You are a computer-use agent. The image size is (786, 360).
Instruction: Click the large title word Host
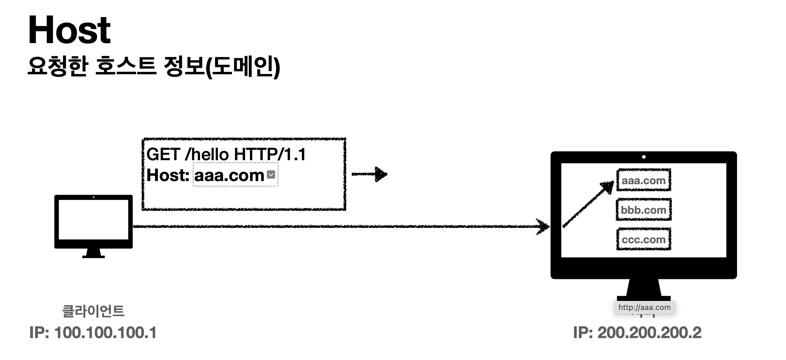click(69, 30)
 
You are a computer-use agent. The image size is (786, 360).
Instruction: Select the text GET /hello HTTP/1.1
click(226, 154)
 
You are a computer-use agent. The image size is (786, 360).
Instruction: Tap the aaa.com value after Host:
click(229, 175)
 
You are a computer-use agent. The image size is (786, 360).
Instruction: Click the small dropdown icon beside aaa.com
click(271, 174)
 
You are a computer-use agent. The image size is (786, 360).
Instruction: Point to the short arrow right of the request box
click(370, 174)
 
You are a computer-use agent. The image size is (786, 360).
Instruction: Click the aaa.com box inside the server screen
click(644, 180)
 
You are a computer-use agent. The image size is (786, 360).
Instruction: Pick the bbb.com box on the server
click(644, 210)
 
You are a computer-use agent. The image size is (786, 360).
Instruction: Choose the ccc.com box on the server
click(644, 239)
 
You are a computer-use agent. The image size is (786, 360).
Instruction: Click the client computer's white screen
click(93, 220)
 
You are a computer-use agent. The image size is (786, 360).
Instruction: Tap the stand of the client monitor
click(93, 253)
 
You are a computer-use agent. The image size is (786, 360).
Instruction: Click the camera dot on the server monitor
click(644, 157)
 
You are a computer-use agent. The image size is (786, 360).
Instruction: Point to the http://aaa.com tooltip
click(645, 308)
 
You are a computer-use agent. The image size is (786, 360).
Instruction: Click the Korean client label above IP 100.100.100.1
click(93, 311)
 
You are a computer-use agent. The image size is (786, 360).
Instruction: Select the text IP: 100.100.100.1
click(93, 333)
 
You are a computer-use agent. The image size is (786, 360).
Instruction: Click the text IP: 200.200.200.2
click(637, 333)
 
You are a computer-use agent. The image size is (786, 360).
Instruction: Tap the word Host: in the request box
click(167, 175)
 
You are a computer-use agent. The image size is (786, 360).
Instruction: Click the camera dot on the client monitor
click(93, 197)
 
